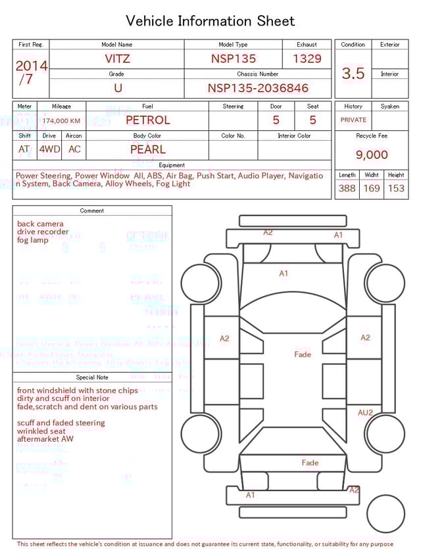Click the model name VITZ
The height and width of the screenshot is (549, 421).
[x=117, y=59]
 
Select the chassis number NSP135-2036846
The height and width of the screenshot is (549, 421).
[x=258, y=88]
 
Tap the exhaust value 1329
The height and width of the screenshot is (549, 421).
[x=307, y=59]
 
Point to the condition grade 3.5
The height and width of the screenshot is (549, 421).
[x=353, y=73]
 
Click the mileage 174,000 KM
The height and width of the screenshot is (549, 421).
[x=61, y=121]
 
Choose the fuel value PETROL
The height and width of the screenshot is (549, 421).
[x=147, y=120]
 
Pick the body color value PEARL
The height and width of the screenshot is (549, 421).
[x=147, y=149]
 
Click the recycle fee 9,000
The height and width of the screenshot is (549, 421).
[x=372, y=155]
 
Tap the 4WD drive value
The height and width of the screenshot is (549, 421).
[x=49, y=149]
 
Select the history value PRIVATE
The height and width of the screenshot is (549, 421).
[x=353, y=120]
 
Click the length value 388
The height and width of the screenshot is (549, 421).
[x=347, y=188]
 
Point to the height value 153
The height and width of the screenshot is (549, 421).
[x=396, y=188]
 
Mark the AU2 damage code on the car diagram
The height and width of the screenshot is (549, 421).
[x=365, y=413]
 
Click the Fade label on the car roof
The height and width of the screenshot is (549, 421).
[x=303, y=354]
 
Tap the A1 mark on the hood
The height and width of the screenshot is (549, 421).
[x=284, y=273]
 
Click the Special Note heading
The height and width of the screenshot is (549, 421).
[x=92, y=377]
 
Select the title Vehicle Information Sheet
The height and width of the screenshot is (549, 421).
[x=210, y=21]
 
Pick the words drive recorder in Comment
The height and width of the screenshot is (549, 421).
[x=43, y=232]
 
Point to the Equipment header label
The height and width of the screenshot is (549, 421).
[x=172, y=165]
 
